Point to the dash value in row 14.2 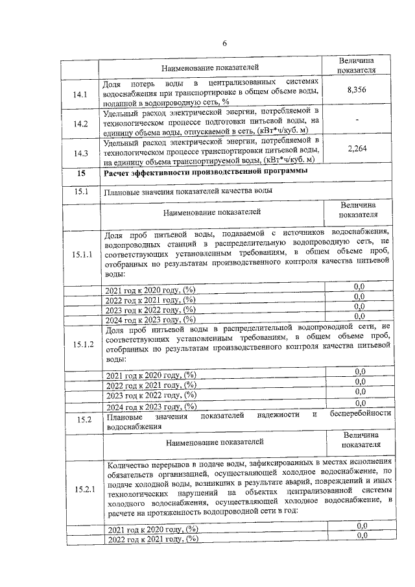click(357, 121)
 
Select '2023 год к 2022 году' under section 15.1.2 click(150, 395)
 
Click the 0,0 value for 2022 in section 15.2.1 click(362, 535)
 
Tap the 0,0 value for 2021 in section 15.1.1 click(359, 286)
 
